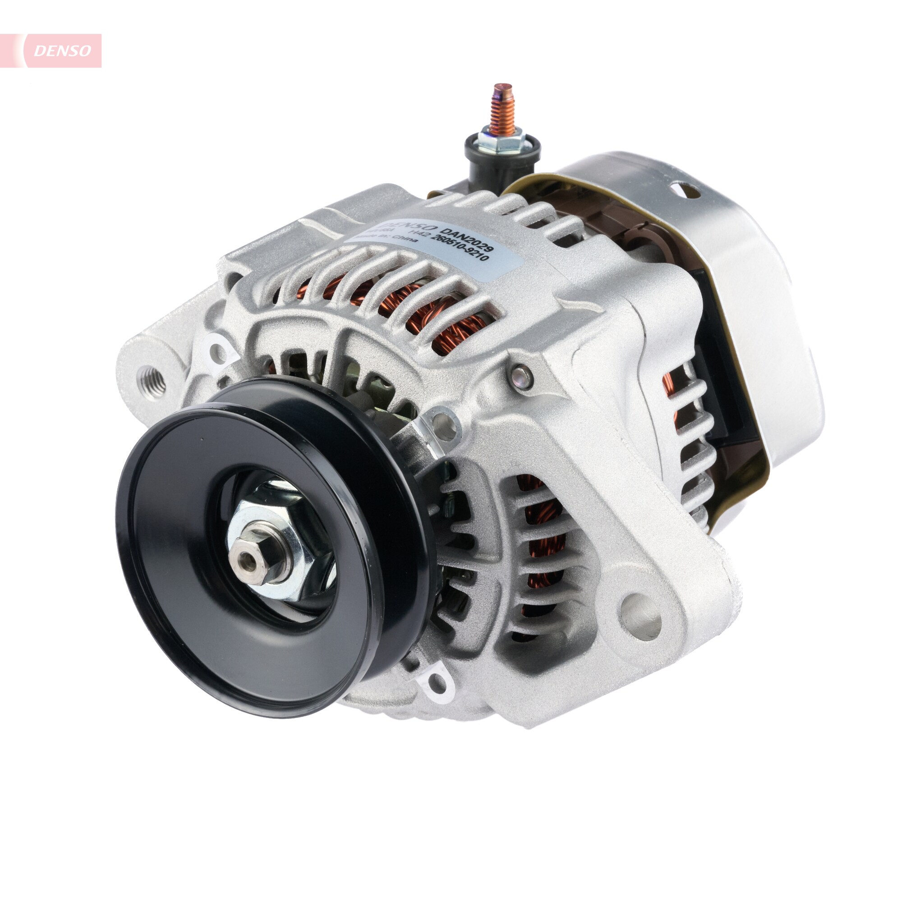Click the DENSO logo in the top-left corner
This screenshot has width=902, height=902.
pos(62,51)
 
